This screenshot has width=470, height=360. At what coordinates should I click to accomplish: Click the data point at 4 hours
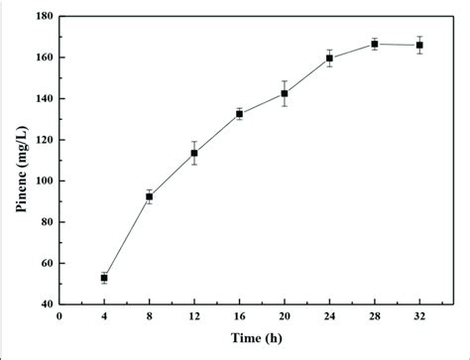pos(104,278)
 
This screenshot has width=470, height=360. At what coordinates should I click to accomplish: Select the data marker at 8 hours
pos(149,196)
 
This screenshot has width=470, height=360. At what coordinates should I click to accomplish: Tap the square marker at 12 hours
pos(194,153)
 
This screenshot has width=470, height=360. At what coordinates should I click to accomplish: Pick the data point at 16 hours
pos(239,114)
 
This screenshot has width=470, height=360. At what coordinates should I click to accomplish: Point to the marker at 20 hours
pos(285,93)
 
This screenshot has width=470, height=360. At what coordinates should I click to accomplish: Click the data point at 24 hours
pos(329,59)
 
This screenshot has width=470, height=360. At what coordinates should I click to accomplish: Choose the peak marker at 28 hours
pos(375,44)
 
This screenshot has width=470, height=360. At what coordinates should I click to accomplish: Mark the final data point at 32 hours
pos(419,45)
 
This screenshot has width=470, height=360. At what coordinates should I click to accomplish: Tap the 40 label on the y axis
pos(44,304)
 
